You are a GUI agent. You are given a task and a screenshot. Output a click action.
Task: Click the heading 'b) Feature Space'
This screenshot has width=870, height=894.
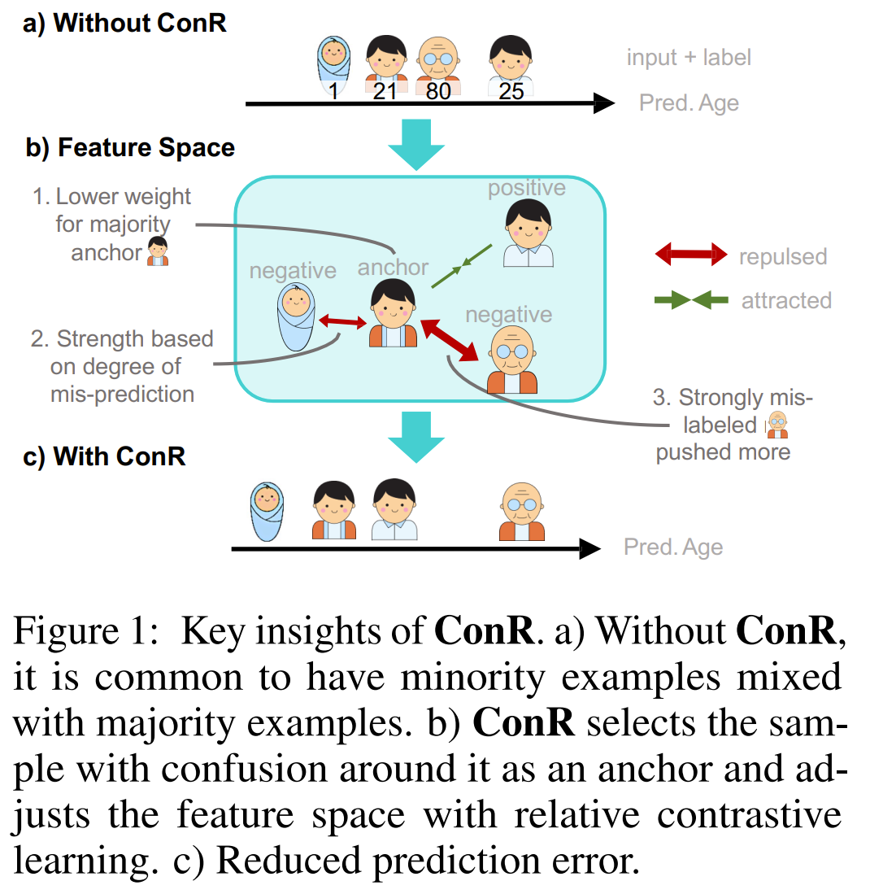[130, 148]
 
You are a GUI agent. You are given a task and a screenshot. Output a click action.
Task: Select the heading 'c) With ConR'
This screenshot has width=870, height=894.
[106, 456]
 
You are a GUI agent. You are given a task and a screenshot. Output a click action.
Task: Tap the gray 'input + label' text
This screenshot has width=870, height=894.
[689, 58]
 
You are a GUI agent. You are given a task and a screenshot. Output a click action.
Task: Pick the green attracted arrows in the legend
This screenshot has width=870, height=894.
[691, 300]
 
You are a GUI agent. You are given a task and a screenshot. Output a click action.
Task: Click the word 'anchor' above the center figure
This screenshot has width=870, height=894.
[393, 268]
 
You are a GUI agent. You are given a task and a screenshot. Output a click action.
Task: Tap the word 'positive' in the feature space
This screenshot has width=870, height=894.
[526, 188]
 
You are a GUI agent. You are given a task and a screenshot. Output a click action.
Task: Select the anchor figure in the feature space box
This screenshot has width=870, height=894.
[394, 313]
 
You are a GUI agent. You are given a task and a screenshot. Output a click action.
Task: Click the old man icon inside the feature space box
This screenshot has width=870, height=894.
[512, 360]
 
